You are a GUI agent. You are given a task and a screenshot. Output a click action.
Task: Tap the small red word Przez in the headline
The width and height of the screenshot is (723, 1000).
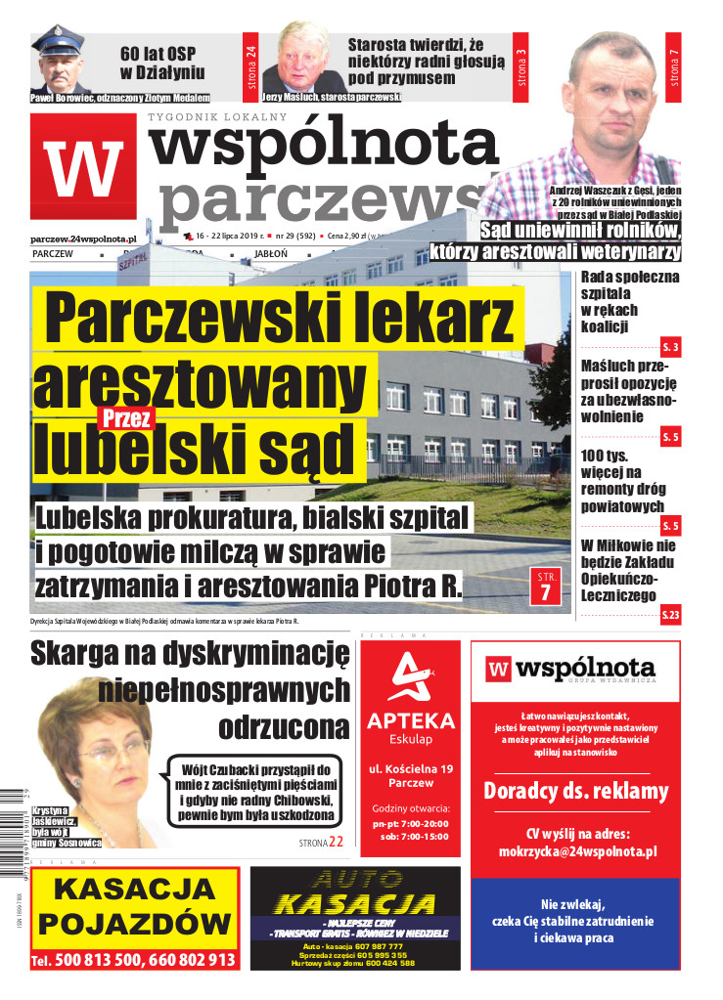[125, 418]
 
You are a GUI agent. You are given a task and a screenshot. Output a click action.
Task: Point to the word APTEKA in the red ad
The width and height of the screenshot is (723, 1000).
[410, 721]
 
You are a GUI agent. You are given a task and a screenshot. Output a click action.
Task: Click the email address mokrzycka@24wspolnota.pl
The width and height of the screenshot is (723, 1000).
[574, 851]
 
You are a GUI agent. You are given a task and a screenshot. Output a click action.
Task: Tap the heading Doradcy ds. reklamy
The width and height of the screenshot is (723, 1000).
[575, 791]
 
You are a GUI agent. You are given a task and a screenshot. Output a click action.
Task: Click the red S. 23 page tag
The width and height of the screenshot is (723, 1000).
[670, 615]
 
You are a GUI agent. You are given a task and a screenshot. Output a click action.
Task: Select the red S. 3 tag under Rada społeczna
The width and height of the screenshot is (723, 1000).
[670, 347]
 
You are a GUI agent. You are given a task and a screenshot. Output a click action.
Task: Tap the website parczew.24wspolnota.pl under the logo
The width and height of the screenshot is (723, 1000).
[82, 238]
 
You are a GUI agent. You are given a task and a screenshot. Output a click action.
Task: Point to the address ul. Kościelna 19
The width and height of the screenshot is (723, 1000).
[410, 770]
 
